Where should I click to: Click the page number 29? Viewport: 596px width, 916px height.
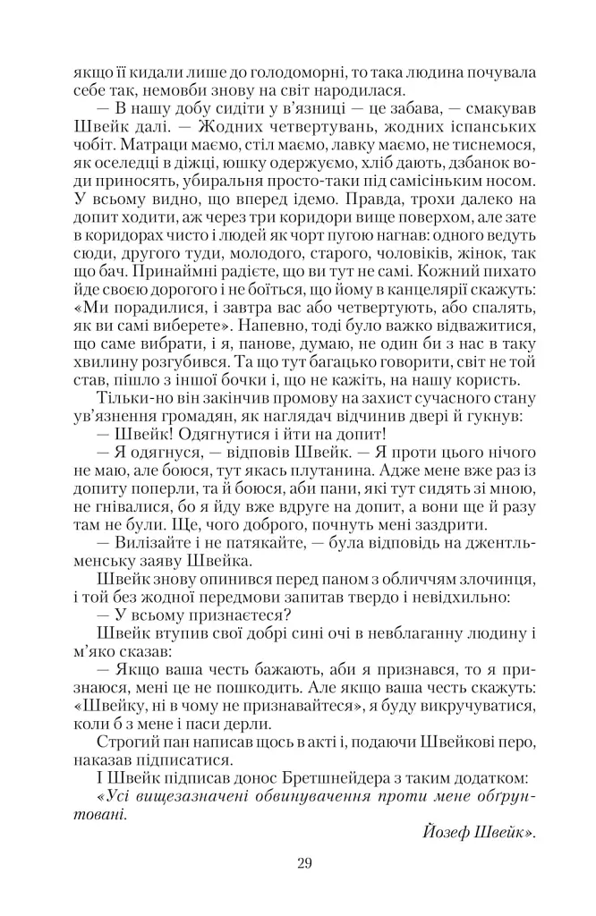point(302,863)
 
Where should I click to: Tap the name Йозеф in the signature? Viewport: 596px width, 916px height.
point(447,832)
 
